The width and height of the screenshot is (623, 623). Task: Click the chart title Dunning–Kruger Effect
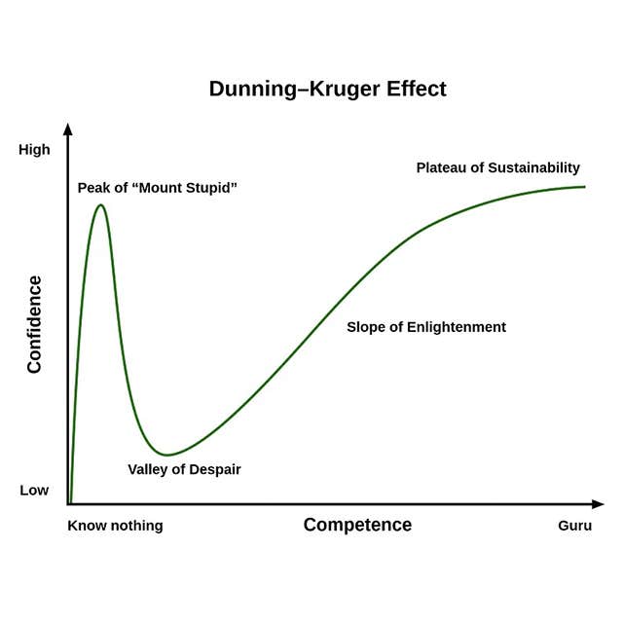(327, 89)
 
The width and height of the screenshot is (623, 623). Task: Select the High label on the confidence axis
(34, 150)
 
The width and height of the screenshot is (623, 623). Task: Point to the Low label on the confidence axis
(34, 490)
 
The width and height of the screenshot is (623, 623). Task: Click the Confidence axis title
(34, 324)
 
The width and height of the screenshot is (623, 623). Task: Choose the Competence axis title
(357, 525)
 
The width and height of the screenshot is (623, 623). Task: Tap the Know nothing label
(115, 526)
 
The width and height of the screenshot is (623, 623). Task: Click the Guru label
(573, 526)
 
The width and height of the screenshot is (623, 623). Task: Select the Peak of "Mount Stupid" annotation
(158, 187)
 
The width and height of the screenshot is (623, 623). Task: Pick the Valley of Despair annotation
(184, 469)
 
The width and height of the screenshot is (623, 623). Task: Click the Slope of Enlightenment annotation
(426, 327)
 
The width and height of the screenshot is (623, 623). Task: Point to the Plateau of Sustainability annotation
(497, 167)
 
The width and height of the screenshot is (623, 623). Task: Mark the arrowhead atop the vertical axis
(68, 128)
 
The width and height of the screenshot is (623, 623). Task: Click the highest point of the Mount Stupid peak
(99, 204)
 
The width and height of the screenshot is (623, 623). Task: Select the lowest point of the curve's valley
(167, 455)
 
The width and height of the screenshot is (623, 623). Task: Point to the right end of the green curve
(585, 186)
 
